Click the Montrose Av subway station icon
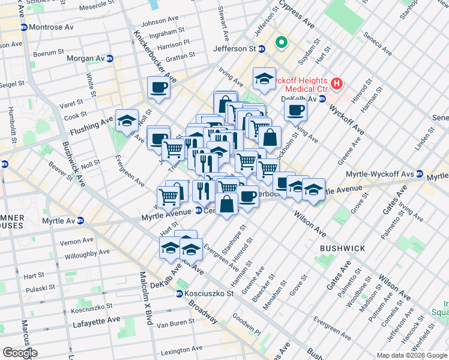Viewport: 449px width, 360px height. click(23, 28)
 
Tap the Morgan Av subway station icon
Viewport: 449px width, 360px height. click(110, 59)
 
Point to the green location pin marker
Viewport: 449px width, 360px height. click(280, 43)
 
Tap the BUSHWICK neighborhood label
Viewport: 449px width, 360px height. click(339, 247)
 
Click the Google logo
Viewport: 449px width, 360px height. click(19, 353)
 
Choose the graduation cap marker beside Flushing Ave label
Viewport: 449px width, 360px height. click(127, 121)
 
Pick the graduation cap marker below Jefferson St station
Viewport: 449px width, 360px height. click(264, 79)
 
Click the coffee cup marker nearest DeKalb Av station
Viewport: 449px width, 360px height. click(295, 110)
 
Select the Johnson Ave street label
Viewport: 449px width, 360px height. click(161, 21)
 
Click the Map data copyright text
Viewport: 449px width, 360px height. click(412, 355)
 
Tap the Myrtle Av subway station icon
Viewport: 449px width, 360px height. click(80, 221)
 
